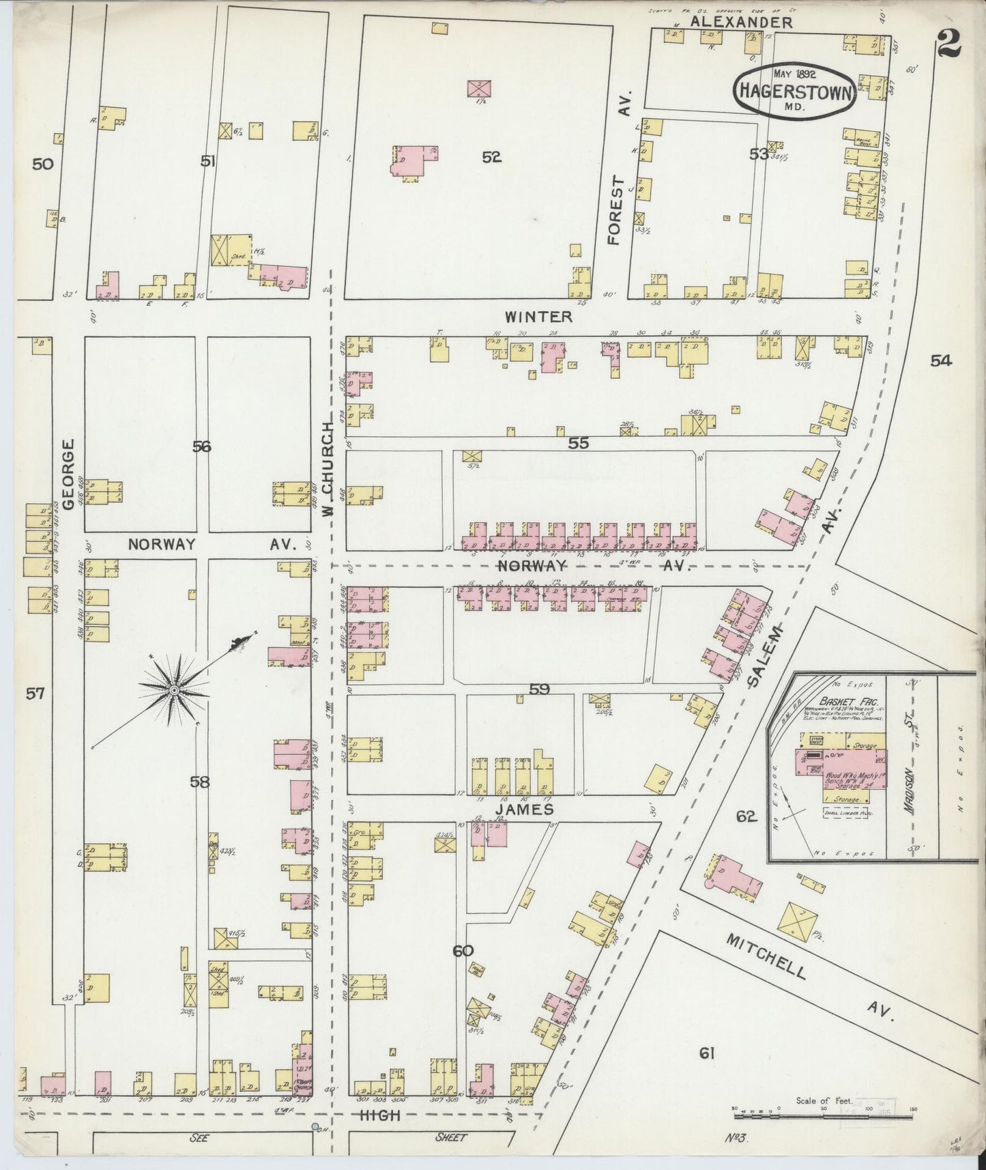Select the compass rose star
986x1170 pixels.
tap(174, 690)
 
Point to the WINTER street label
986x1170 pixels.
tap(538, 317)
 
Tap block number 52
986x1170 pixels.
tap(491, 157)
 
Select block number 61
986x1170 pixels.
tap(706, 1053)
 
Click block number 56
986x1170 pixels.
tap(201, 446)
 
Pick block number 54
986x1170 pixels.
tap(940, 361)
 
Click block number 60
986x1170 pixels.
tap(461, 951)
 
